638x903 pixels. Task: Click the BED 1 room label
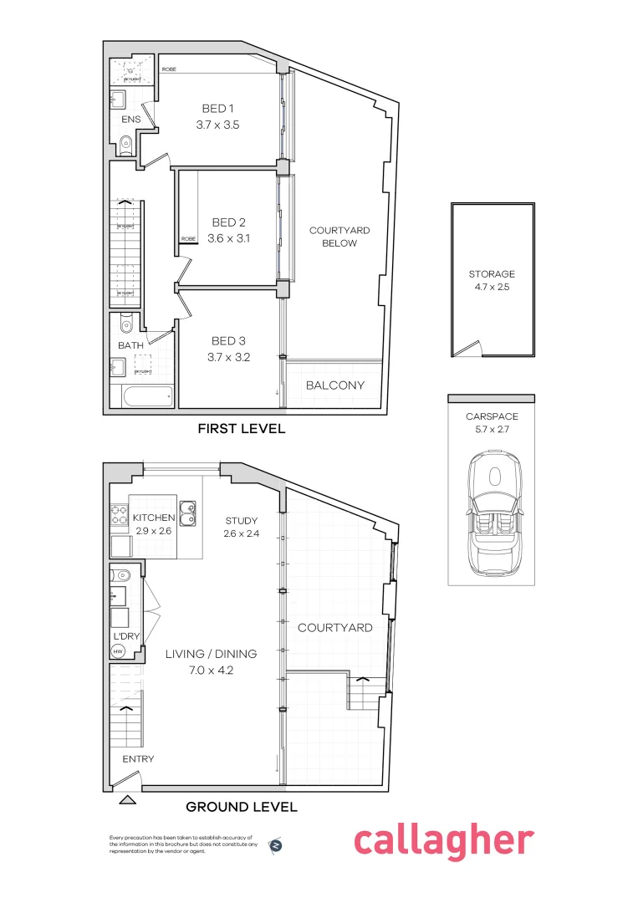pos(218,109)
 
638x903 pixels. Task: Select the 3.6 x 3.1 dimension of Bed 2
pos(228,238)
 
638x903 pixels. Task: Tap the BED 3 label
pos(228,341)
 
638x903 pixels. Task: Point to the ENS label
pos(130,120)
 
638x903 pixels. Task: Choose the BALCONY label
pos(334,385)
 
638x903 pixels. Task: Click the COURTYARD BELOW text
pos(339,237)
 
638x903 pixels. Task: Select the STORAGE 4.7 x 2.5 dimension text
pos(492,287)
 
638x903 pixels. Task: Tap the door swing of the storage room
pos(471,349)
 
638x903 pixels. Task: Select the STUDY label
pos(241,521)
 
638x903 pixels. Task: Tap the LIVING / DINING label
pos(210,654)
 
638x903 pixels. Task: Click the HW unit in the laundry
pos(119,651)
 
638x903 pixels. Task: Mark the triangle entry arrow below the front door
pos(127,800)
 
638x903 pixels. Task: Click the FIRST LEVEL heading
pos(241,429)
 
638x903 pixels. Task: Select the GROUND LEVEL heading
pos(241,807)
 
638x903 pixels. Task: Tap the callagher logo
pos(443,841)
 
